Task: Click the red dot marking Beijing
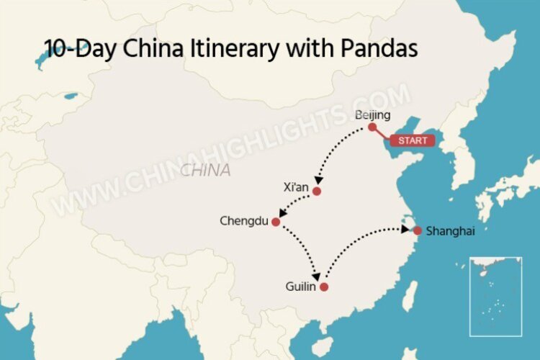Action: click(372, 127)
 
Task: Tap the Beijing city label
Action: click(373, 115)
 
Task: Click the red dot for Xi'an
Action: click(316, 192)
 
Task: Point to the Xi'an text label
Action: click(296, 188)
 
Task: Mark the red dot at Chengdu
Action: click(275, 222)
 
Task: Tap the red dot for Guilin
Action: click(324, 287)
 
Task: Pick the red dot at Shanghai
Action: click(417, 230)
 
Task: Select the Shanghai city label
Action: click(451, 231)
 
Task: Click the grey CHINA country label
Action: click(206, 171)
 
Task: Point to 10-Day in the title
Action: click(80, 49)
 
